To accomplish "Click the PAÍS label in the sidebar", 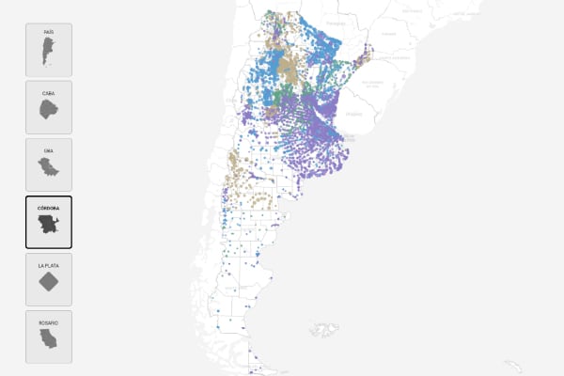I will (48, 32).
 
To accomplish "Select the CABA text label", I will (48, 93).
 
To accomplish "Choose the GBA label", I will (48, 150).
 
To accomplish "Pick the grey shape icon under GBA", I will (48, 169).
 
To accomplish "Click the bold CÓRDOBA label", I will (48, 208).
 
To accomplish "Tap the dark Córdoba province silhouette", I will (48, 227).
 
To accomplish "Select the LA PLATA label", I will (48, 266).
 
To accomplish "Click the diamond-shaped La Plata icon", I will (48, 284).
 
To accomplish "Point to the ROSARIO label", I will (48, 323).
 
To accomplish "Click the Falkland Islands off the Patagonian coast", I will (325, 330).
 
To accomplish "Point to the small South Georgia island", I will (513, 366).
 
